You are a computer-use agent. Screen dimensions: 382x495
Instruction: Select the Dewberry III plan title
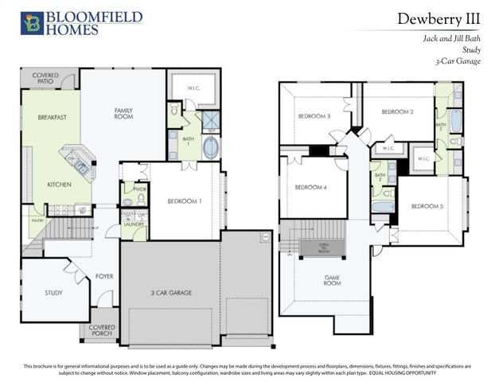click(x=437, y=19)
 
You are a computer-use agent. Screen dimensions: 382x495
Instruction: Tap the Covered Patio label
click(x=45, y=79)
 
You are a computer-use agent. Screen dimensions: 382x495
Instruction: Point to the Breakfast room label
click(x=52, y=118)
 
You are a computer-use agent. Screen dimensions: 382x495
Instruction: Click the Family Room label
click(x=123, y=113)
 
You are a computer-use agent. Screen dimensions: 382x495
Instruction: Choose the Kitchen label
click(x=59, y=185)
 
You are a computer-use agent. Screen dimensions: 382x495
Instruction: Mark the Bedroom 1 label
click(x=184, y=201)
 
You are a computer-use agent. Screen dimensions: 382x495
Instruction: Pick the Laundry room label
click(x=133, y=224)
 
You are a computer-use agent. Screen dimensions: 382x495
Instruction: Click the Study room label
click(x=53, y=293)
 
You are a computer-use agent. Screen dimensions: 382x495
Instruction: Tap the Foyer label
click(x=104, y=277)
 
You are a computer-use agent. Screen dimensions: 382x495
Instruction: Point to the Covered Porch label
click(x=101, y=329)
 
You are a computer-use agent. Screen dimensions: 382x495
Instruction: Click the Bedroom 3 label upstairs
click(x=314, y=116)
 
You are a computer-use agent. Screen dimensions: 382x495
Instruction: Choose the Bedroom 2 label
click(x=396, y=112)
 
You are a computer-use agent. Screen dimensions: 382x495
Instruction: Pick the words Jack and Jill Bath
click(x=450, y=37)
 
